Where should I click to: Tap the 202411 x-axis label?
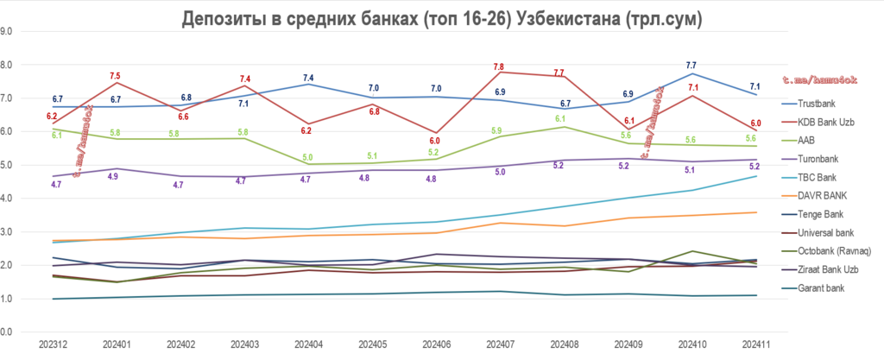755,344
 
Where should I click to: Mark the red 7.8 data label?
499,66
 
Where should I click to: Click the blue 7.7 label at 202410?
691,66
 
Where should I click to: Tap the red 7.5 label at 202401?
115,76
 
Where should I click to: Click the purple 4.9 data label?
112,176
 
